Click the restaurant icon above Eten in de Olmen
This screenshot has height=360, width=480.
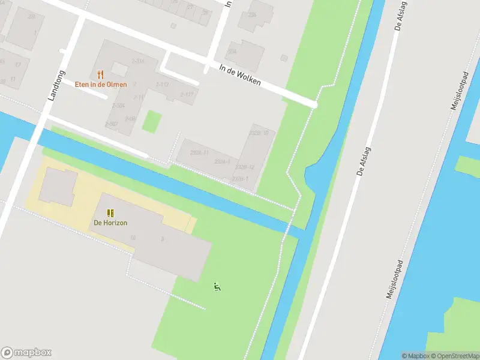click(x=100, y=75)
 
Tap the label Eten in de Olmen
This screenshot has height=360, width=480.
click(x=101, y=85)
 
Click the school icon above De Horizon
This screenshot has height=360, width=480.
click(x=110, y=213)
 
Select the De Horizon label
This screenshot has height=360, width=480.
click(x=110, y=223)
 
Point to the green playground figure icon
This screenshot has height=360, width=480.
click(x=217, y=287)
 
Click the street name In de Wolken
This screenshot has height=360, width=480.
click(x=240, y=74)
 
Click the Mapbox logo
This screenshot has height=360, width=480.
click(x=26, y=353)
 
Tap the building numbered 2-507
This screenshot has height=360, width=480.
click(x=112, y=124)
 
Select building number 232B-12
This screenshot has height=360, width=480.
click(x=245, y=167)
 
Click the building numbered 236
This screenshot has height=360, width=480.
click(x=252, y=14)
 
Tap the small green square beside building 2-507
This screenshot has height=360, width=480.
click(x=152, y=122)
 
